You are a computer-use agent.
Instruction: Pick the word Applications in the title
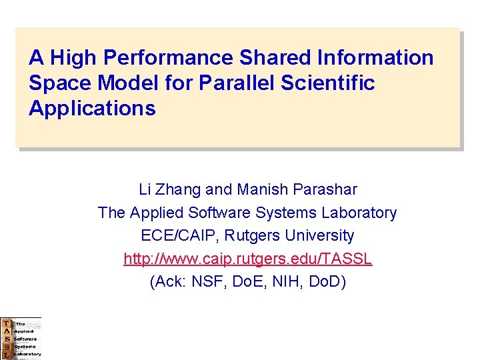[92, 108]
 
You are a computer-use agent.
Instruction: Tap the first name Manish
[258, 190]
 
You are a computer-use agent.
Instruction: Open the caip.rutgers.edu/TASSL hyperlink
[247, 259]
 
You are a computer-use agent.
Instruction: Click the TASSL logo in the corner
[21, 338]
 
